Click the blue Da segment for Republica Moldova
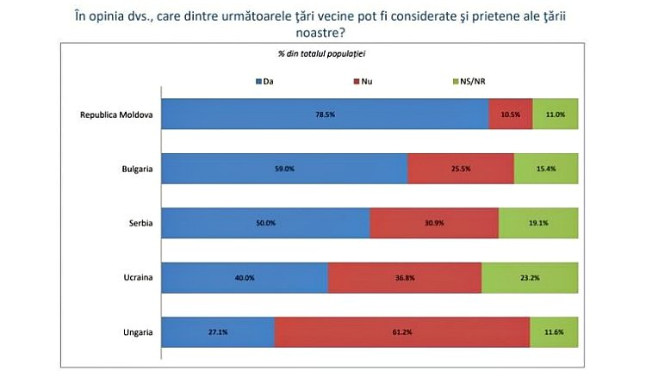click(x=326, y=114)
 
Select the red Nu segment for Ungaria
click(x=402, y=331)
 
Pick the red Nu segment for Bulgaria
click(x=461, y=169)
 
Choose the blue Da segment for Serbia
click(x=266, y=223)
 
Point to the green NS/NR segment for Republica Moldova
click(x=556, y=114)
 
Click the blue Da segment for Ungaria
click(x=219, y=331)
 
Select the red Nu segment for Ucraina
click(x=405, y=277)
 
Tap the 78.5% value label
click(x=326, y=114)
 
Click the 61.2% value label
click(x=402, y=331)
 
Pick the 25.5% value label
click(x=461, y=169)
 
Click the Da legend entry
click(x=264, y=81)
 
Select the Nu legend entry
click(x=363, y=81)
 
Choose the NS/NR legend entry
click(x=475, y=81)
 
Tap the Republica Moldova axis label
click(x=116, y=114)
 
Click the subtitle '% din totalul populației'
click(x=321, y=53)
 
